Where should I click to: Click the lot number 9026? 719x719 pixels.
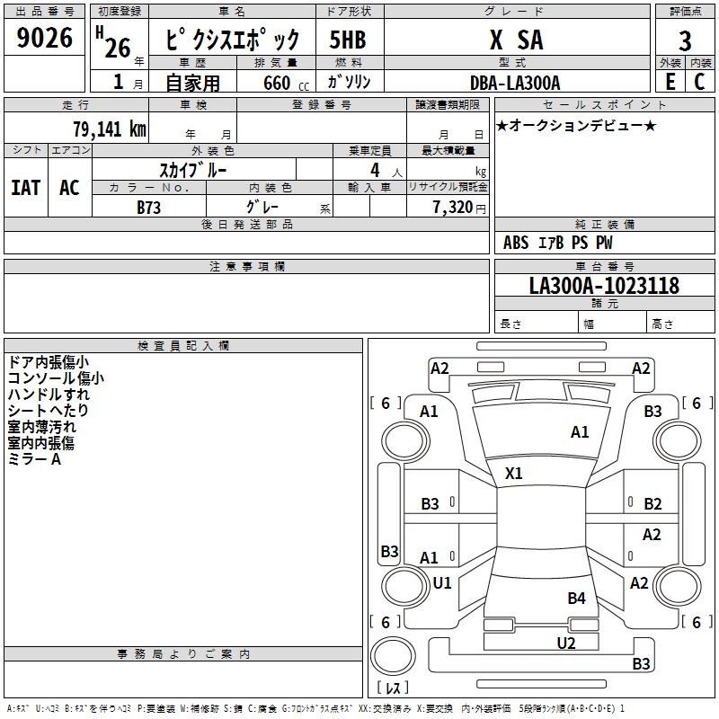(44, 37)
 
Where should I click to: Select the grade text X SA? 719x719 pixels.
(517, 40)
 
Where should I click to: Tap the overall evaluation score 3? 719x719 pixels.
(685, 40)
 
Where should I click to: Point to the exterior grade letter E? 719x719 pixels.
(670, 82)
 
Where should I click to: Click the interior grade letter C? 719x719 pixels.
(699, 82)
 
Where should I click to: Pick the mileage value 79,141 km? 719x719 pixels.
(109, 129)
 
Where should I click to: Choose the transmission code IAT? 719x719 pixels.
(26, 188)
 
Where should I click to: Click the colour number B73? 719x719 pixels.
(148, 208)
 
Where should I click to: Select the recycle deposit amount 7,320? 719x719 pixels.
(453, 208)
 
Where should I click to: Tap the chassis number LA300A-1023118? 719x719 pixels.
(604, 285)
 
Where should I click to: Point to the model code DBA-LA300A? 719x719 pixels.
(515, 83)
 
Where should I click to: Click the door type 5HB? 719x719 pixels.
(348, 40)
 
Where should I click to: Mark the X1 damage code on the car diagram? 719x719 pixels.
(513, 473)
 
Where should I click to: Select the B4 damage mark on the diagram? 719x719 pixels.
(576, 598)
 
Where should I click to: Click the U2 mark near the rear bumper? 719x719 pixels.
(566, 643)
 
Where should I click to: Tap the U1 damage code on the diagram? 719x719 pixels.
(442, 582)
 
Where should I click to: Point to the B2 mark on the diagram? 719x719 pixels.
(652, 503)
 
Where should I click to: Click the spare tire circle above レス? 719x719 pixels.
(393, 656)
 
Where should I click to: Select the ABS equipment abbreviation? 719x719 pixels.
(516, 243)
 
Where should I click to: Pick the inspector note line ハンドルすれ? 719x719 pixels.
(49, 395)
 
